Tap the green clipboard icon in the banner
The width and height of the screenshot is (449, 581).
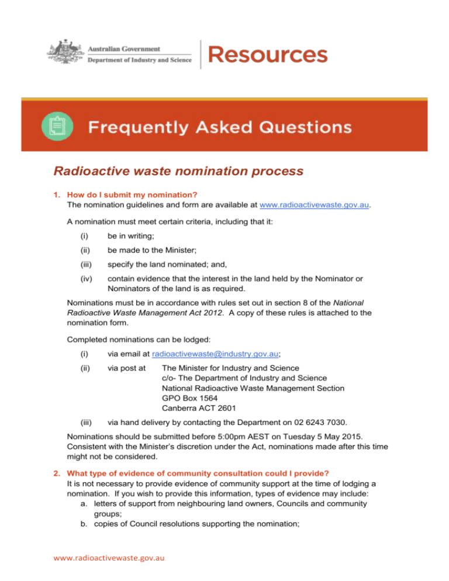[x=57, y=126]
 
